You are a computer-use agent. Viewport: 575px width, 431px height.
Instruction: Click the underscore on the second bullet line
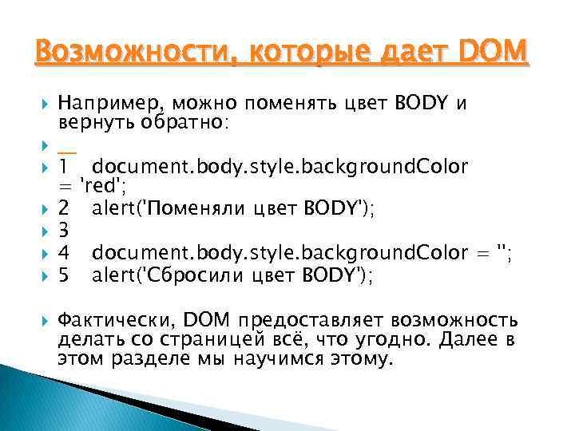pyautogui.click(x=67, y=145)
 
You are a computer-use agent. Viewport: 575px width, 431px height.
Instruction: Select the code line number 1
pyautogui.click(x=63, y=166)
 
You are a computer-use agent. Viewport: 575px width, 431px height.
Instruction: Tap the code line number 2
pyautogui.click(x=64, y=209)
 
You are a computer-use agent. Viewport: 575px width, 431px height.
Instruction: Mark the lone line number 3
pyautogui.click(x=64, y=231)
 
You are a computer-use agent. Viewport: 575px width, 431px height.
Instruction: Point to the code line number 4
pyautogui.click(x=64, y=253)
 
